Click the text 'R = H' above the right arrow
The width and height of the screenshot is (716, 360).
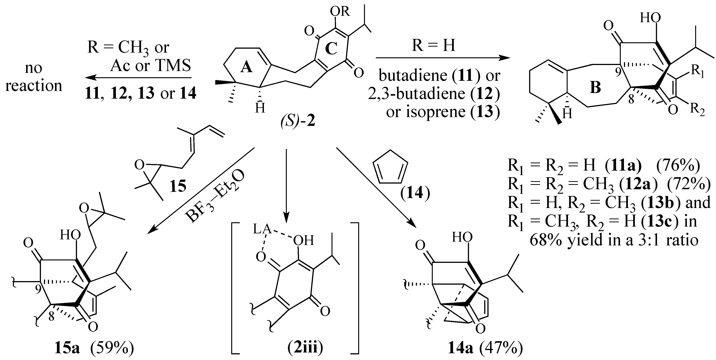[x=434, y=45]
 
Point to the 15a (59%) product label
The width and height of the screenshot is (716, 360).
[x=94, y=348]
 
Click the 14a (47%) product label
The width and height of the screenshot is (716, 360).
[x=485, y=349]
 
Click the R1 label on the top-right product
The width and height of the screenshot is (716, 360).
[x=697, y=72]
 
